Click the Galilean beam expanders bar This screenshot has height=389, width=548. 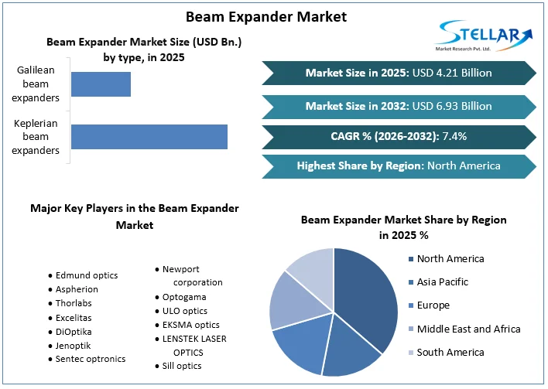point(101,84)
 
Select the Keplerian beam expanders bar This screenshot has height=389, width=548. point(149,136)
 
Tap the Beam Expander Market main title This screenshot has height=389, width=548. point(266,16)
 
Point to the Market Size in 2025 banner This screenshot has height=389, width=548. point(399,73)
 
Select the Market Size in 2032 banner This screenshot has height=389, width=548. point(399,106)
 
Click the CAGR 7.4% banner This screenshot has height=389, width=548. point(399,136)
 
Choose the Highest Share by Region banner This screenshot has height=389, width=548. point(399,165)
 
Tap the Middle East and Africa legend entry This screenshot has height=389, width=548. point(468,329)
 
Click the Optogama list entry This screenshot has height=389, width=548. point(184,297)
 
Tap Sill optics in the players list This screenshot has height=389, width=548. point(182,366)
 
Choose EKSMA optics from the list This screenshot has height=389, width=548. point(190,325)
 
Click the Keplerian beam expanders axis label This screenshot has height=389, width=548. point(36,136)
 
